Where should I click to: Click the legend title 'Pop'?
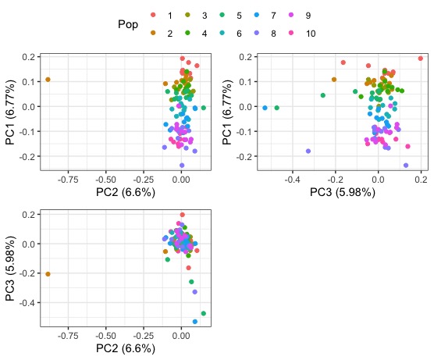[x=128, y=24]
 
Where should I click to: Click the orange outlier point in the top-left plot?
[x=48, y=80]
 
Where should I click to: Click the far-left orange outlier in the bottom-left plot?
[x=48, y=274]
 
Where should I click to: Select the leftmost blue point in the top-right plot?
[x=265, y=108]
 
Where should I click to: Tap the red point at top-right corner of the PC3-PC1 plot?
[x=421, y=59]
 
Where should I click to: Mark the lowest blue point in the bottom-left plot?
[x=195, y=322]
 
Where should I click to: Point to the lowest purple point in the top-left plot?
[x=182, y=166]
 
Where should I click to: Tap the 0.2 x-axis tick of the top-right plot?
[x=421, y=179]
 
